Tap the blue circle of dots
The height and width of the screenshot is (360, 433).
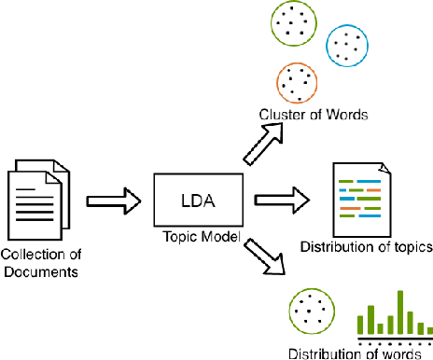pyautogui.click(x=347, y=45)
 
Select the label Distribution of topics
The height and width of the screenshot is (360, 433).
pyautogui.click(x=365, y=247)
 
